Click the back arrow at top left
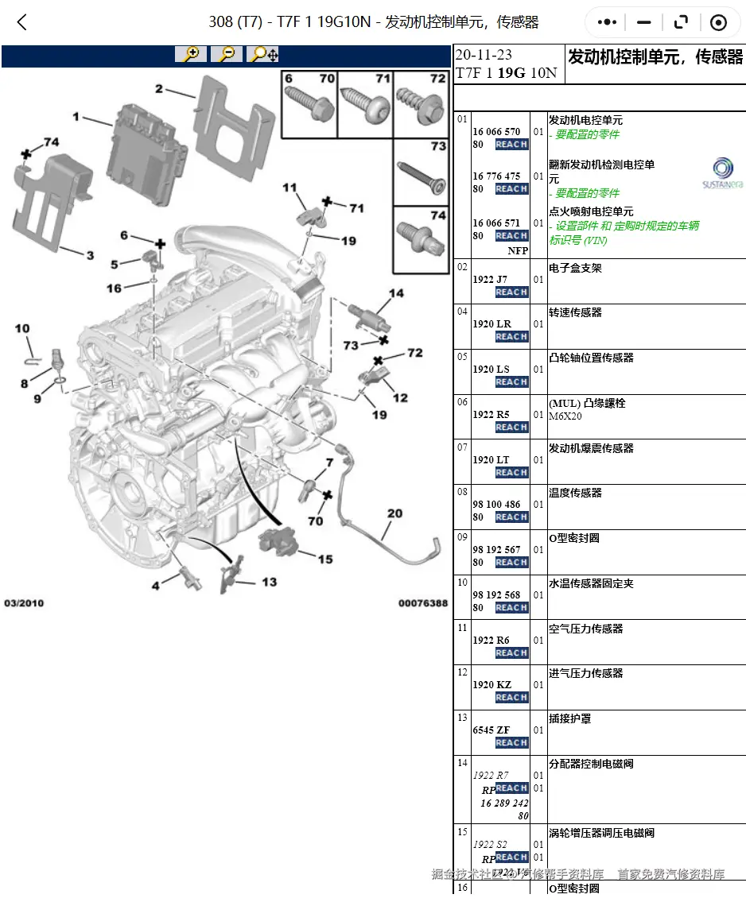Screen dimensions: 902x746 tap(22, 22)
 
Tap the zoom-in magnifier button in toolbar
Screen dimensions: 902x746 tap(191, 54)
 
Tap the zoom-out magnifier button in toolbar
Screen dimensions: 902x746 tap(227, 54)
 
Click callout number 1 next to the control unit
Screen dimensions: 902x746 tap(76, 117)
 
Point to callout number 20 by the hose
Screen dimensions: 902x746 tap(394, 513)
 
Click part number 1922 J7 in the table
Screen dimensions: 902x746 tap(489, 279)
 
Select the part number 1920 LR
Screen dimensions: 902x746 tap(492, 323)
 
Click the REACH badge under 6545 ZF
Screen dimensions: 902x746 tap(511, 743)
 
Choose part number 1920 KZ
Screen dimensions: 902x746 tap(492, 684)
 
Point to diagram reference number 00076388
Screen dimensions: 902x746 tap(422, 603)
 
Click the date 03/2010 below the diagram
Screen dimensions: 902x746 tap(24, 603)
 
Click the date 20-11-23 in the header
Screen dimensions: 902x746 tap(484, 56)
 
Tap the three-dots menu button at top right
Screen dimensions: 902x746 tap(608, 23)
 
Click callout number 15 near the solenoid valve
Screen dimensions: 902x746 tap(325, 559)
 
